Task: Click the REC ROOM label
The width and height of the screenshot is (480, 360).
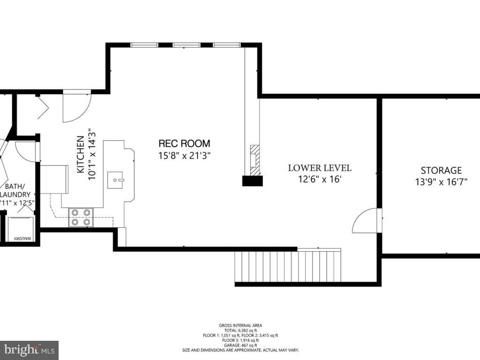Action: (x=184, y=143)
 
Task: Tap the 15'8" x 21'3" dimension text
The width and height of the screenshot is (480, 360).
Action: (x=184, y=156)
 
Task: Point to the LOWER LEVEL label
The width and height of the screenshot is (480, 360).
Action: (x=319, y=168)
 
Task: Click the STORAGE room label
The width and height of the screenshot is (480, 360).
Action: (x=441, y=171)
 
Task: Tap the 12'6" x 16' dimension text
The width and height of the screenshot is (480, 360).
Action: (x=319, y=179)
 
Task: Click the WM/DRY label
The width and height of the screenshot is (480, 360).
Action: (x=22, y=239)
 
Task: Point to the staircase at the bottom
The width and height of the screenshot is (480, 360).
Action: (x=287, y=266)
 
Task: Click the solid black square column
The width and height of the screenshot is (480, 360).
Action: (x=252, y=181)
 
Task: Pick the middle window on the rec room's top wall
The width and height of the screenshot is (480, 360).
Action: (x=187, y=45)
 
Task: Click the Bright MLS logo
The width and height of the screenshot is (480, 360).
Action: (x=29, y=350)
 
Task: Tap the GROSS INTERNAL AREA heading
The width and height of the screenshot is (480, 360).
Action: (x=240, y=325)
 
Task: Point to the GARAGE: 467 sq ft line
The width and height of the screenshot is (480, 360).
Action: (x=240, y=345)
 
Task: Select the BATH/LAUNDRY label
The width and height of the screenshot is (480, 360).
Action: (x=16, y=190)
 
